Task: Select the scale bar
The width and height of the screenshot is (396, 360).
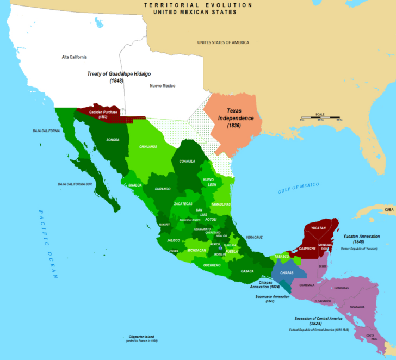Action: click(320, 117)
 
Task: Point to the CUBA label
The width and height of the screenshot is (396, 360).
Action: click(389, 209)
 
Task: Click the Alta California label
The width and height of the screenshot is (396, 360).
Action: click(74, 57)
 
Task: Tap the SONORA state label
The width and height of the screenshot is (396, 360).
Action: click(113, 140)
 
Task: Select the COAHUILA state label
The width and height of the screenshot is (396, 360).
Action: click(187, 161)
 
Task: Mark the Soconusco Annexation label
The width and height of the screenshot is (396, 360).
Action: click(262, 298)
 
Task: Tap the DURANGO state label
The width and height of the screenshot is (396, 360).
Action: click(163, 189)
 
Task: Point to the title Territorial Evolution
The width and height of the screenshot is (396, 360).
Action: click(198, 5)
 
